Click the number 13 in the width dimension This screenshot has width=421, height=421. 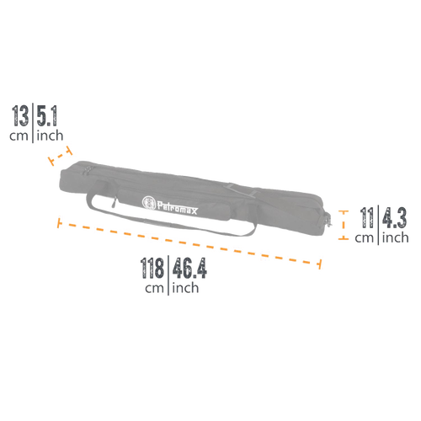20,116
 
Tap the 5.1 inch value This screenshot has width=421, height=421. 47,116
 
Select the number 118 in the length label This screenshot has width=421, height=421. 152,268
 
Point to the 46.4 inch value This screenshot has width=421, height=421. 189,268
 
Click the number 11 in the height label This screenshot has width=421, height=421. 367,217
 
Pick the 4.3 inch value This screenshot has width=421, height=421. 394,217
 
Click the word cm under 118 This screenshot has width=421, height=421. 154,289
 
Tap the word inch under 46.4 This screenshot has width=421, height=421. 185,287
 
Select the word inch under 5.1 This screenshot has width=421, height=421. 50,135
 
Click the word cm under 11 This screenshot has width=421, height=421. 364,238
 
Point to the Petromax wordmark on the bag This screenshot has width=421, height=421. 178,208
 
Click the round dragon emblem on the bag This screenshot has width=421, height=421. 149,203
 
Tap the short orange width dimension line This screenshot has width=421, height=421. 60,156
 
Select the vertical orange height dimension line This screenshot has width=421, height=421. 344,225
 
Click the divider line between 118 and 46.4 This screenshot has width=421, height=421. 168,275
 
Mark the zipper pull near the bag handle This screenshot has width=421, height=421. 114,202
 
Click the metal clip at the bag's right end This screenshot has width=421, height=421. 328,220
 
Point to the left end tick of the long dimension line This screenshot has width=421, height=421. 59,222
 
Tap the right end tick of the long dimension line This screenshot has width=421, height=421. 319,264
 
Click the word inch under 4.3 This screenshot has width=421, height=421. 395,237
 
